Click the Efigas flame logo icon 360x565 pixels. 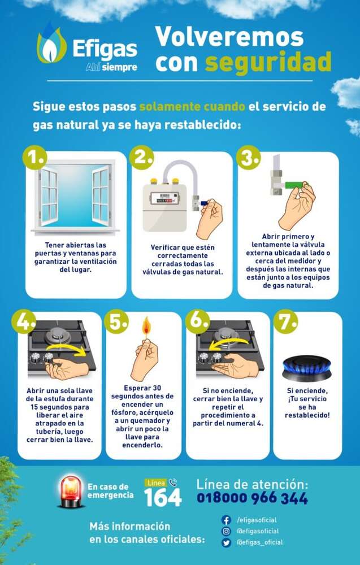[51, 44]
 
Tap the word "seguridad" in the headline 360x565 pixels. [268, 62]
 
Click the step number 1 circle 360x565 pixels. [35, 158]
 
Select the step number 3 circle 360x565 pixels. [249, 158]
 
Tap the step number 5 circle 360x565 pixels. [116, 321]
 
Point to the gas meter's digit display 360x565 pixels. [164, 198]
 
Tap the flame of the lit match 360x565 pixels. [146, 326]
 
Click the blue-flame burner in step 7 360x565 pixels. [307, 368]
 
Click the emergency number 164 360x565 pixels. [163, 498]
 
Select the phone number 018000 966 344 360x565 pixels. [252, 498]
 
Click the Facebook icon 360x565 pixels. [226, 520]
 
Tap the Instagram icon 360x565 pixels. [226, 531]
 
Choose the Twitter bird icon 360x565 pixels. [226, 542]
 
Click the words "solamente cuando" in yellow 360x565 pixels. [192, 107]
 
